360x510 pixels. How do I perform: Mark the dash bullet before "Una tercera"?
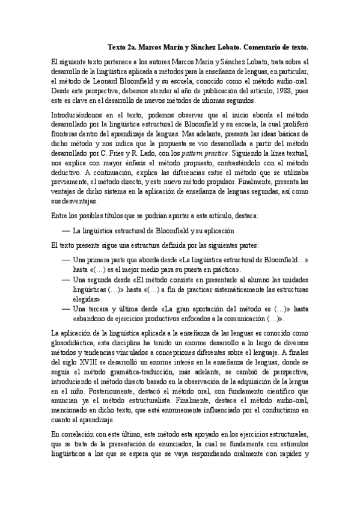pos(65,309)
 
